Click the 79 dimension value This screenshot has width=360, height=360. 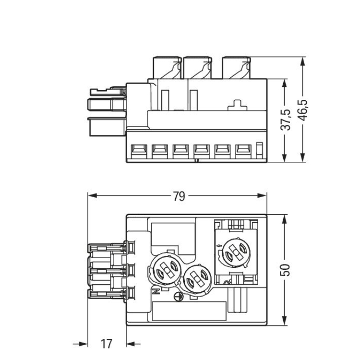coord(179,196)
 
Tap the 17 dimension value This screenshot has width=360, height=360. coord(106,344)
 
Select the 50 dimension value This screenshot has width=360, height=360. coord(286,270)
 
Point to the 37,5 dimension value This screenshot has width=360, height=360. coord(286,120)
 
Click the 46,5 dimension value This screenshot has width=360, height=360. coord(303,110)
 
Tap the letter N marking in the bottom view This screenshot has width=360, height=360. coord(156,291)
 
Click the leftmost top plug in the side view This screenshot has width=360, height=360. coord(167,68)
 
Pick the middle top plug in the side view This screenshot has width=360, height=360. coord(198,68)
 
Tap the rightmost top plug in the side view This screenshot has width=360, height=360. coord(236,68)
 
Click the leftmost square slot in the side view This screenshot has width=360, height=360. coord(139,151)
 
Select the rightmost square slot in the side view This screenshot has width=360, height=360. coord(243,151)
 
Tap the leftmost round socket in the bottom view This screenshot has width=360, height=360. coord(166,269)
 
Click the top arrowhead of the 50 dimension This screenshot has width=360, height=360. coord(285,219)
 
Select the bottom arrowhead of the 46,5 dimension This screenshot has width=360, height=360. coord(303,157)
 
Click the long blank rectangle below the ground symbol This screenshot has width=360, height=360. coord(190,311)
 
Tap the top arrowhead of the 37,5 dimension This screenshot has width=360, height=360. coord(285,83)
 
